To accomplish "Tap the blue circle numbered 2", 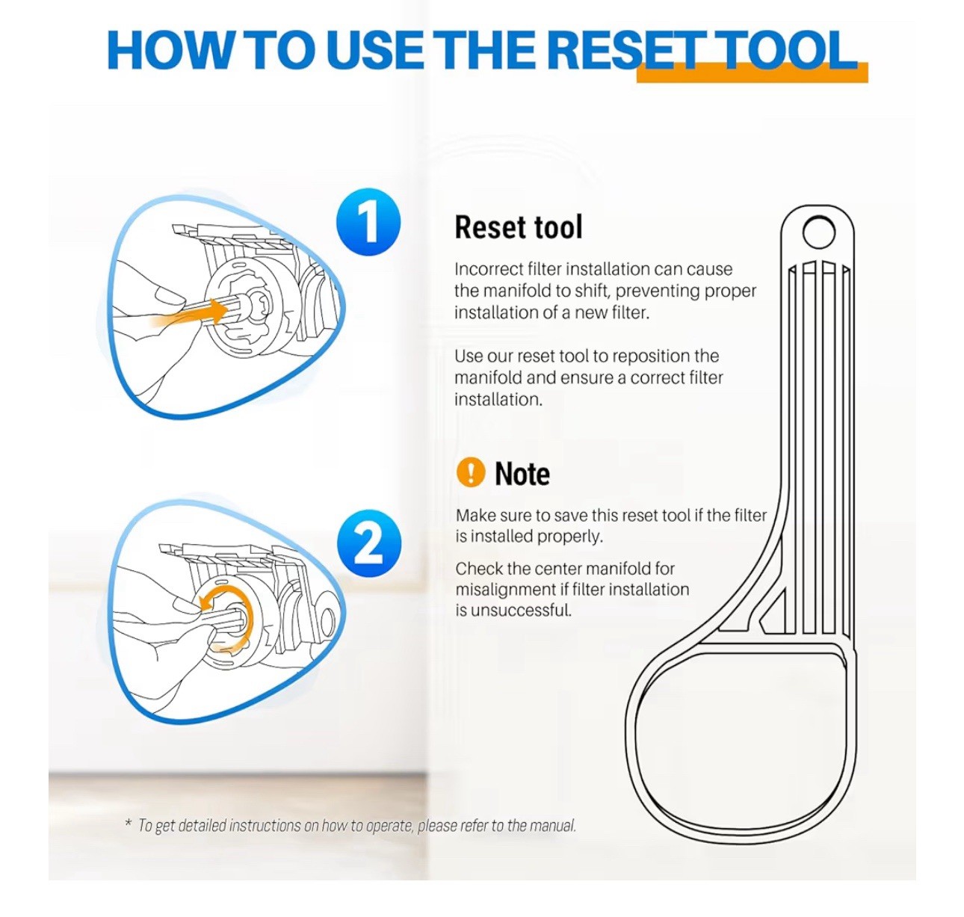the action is pos(369,544).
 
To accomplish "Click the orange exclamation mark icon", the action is pos(470,472).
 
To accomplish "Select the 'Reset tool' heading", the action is pos(519,227).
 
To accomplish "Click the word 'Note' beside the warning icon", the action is pos(522,474).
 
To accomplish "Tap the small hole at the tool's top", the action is pos(818,232).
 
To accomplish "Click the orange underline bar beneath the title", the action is pos(753,73).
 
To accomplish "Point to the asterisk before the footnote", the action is pos(129,824).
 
